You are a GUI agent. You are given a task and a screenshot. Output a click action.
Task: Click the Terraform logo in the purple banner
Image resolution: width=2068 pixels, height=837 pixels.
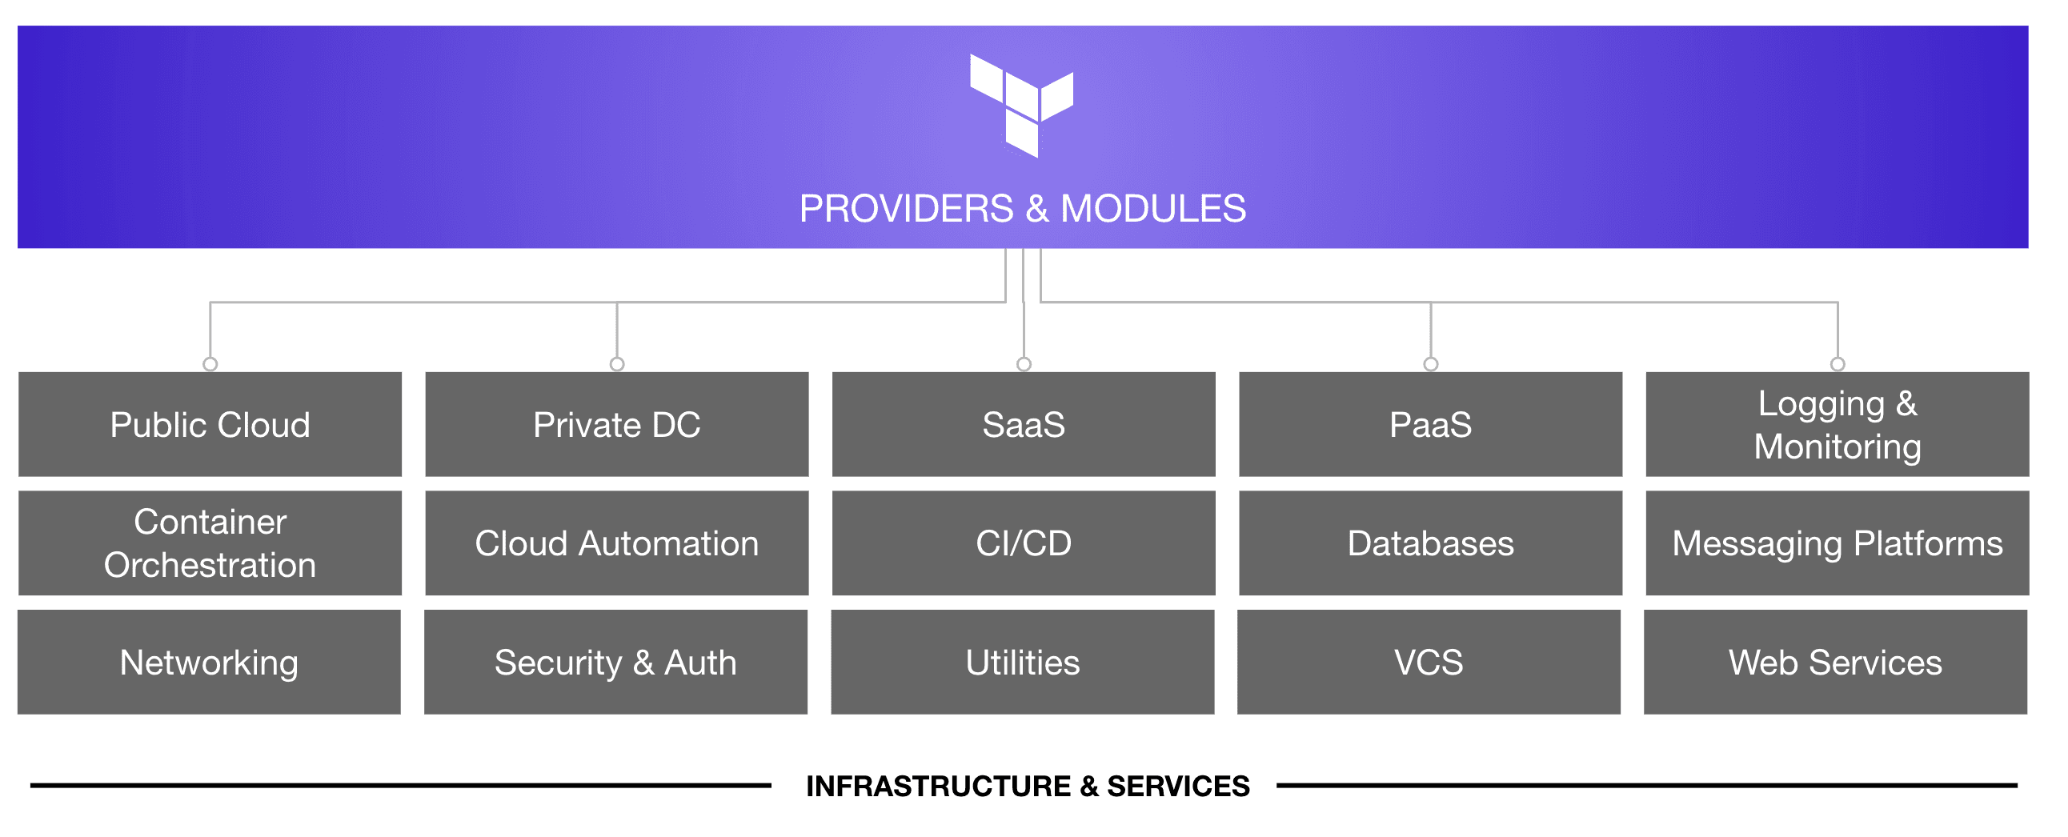(1021, 105)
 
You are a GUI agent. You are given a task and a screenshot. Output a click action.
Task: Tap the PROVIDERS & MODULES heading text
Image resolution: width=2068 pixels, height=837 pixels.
(1022, 209)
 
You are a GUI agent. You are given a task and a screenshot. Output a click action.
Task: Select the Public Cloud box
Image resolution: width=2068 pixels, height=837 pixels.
(210, 425)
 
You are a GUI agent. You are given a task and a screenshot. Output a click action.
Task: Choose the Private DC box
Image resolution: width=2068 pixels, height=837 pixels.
(616, 425)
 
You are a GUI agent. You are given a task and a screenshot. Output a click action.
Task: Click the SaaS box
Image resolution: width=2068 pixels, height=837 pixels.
(1024, 425)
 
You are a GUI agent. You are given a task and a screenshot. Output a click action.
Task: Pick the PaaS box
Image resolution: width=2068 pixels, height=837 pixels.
(1431, 425)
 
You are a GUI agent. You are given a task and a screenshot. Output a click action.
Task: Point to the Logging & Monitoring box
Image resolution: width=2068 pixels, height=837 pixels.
(1837, 425)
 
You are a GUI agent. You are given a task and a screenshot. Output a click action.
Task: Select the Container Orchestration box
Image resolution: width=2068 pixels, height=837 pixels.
(210, 543)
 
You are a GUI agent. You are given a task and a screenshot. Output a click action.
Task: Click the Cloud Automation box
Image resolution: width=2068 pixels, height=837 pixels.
(616, 543)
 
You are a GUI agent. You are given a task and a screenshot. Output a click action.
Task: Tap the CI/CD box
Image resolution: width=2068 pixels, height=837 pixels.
(1024, 543)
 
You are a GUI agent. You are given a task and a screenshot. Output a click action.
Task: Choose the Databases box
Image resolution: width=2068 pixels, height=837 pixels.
(1431, 543)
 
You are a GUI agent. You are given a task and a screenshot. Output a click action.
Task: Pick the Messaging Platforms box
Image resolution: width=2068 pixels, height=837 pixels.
(1837, 543)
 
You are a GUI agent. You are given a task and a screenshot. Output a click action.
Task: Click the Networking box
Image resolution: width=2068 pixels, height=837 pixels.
(209, 662)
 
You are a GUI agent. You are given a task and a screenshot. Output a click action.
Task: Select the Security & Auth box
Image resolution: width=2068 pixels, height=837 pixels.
(615, 662)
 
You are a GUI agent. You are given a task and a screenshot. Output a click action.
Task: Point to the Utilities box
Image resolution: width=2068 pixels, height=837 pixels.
(1023, 662)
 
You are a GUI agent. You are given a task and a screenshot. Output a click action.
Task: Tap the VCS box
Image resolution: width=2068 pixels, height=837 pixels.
(1429, 662)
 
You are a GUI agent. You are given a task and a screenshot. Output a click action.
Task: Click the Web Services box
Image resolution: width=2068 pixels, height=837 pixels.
(1835, 662)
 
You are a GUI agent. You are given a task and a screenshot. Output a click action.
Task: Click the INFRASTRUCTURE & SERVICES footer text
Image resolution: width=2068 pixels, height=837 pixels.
(1028, 786)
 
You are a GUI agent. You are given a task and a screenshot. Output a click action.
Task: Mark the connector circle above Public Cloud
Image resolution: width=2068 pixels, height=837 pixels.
(210, 364)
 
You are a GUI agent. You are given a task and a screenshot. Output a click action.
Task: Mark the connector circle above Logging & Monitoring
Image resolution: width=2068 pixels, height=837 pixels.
(1838, 364)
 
